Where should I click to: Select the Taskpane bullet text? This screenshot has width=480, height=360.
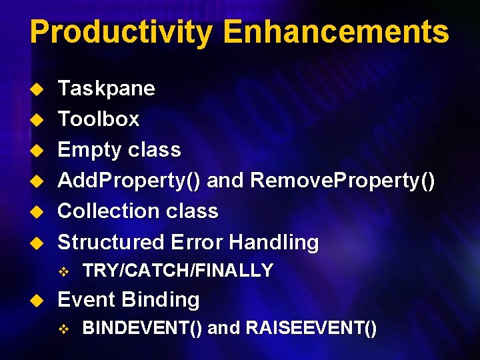click(107, 89)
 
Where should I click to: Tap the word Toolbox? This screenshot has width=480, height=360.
click(99, 119)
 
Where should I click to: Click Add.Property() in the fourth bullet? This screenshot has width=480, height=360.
click(131, 181)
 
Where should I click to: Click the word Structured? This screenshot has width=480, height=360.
click(111, 242)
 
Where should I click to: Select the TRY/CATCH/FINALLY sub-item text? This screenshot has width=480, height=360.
click(177, 271)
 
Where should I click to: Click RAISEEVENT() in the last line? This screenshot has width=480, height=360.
click(311, 329)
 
